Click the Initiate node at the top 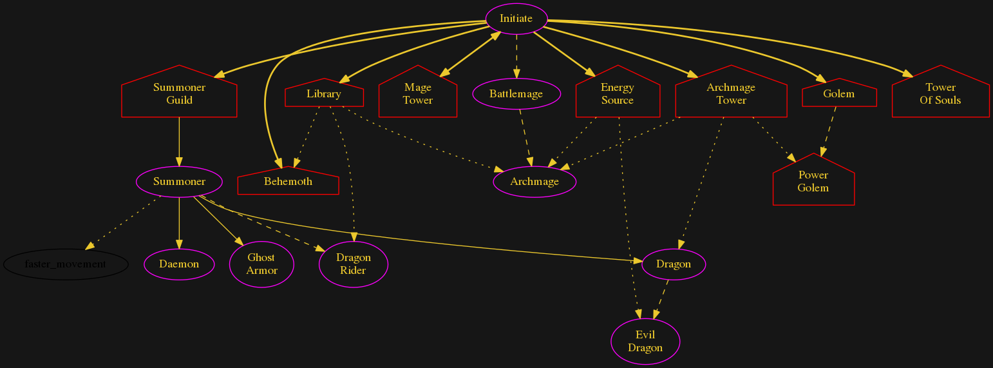tap(516, 18)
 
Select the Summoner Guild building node tap(179, 94)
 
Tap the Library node tap(324, 94)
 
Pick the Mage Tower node tap(418, 94)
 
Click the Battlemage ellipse tap(516, 94)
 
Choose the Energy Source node tap(617, 94)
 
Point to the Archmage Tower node tap(731, 94)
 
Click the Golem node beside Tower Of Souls tap(838, 94)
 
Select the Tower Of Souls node tap(940, 94)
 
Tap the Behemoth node tap(288, 182)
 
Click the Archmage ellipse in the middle tap(534, 182)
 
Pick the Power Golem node tap(813, 182)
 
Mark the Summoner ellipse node tap(179, 182)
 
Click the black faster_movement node tap(66, 264)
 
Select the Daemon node tap(179, 264)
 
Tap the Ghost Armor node tap(261, 264)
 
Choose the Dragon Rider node tap(353, 264)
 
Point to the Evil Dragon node tap(645, 342)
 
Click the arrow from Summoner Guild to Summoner tap(179, 142)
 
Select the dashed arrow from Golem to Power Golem tap(828, 131)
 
